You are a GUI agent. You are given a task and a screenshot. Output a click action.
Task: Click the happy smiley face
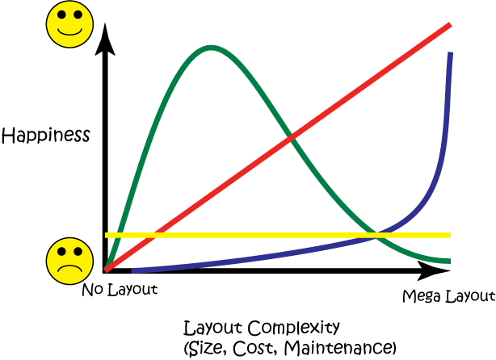[x=69, y=24]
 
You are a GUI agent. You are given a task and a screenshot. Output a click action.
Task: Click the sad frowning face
[x=69, y=261]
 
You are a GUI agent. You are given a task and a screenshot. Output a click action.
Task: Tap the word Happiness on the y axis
[x=46, y=136]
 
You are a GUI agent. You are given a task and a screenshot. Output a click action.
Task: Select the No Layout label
[x=120, y=289]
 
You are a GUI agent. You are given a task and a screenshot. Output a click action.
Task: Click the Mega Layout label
[x=448, y=296]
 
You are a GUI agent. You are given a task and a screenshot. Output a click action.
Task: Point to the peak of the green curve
[x=212, y=48]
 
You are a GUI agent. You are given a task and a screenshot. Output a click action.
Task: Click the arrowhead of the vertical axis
[x=105, y=40]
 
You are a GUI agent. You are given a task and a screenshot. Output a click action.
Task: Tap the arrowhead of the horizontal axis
[x=434, y=270]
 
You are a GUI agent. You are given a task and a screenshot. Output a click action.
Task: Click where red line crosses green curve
[x=291, y=137]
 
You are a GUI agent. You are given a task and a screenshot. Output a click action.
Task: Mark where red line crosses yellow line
[x=154, y=235]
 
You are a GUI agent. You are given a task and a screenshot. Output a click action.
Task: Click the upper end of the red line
[x=450, y=25]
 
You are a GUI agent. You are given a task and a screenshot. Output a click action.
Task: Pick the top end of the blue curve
[x=450, y=52]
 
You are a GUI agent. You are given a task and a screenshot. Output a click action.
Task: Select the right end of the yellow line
[x=450, y=235]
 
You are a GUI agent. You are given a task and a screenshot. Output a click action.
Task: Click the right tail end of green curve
[x=450, y=261]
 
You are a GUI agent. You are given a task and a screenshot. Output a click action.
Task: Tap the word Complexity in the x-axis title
[x=293, y=328]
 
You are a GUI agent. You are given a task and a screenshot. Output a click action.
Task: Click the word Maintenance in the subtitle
[x=338, y=347]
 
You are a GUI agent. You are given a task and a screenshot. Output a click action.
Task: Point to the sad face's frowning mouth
[x=69, y=269]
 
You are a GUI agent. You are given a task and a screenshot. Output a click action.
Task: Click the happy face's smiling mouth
[x=69, y=31]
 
